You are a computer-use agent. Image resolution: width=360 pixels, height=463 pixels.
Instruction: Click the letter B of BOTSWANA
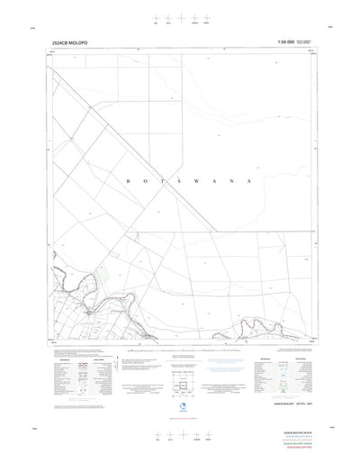coord(131,182)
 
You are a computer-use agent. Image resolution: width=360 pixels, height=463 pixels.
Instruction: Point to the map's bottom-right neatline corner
coord(308,343)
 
